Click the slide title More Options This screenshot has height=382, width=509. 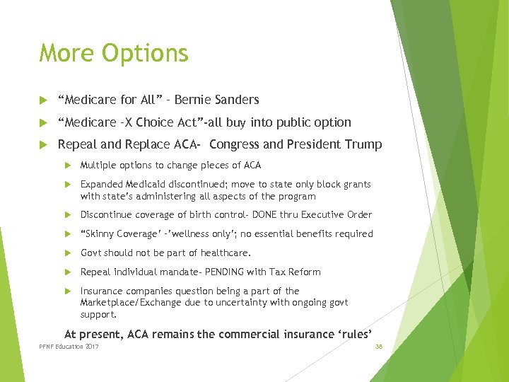114,53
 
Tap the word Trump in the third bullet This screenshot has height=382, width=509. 364,145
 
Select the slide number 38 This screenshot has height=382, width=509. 379,347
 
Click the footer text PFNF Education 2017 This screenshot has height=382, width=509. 69,347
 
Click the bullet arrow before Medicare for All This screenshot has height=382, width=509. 43,100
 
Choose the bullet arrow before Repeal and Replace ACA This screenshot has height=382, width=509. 43,145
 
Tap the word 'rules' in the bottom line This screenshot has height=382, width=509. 355,334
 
